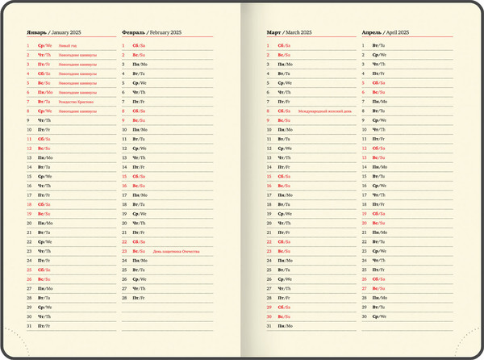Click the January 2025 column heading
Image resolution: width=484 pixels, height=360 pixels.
[x=60, y=32]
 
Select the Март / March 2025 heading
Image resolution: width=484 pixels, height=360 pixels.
[x=290, y=32]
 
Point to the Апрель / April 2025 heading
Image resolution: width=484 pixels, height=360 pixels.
[x=385, y=32]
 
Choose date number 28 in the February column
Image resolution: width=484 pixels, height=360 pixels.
[x=124, y=298]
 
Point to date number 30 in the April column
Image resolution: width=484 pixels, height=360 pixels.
[x=365, y=316]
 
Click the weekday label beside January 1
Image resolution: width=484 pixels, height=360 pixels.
[x=44, y=46]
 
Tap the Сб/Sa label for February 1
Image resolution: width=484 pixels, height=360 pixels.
[x=140, y=46]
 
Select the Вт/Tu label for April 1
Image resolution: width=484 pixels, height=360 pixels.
[x=379, y=46]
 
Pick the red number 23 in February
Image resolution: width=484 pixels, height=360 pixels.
[x=124, y=251]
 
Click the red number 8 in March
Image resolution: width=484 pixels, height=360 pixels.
[x=269, y=111]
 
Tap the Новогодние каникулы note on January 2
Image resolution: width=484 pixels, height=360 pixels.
[x=77, y=55]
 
